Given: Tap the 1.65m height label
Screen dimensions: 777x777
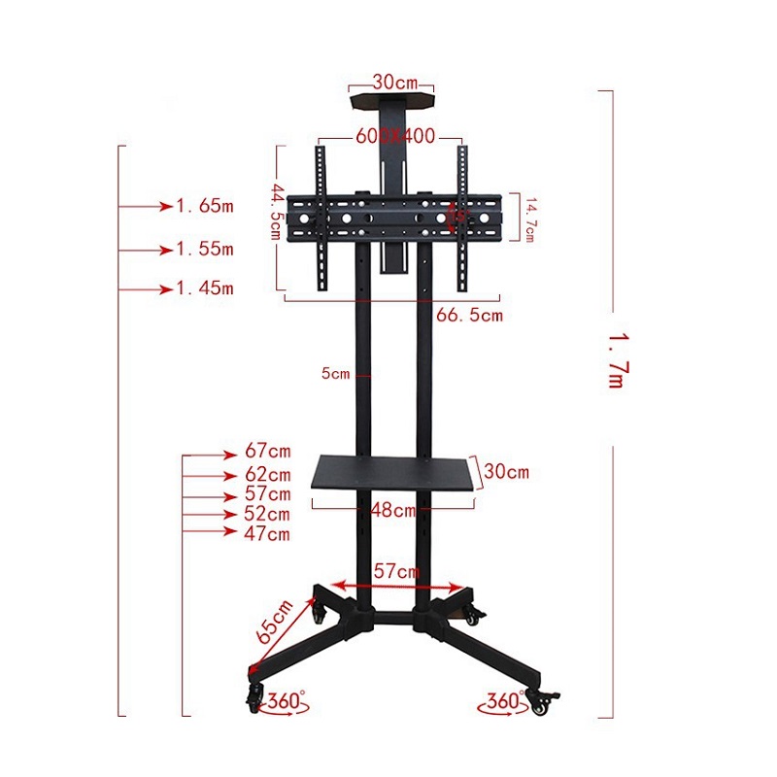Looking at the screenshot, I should [x=205, y=206].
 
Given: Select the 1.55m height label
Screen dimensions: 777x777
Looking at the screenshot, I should [x=205, y=249].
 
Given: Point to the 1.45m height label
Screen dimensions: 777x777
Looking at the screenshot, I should [x=205, y=289].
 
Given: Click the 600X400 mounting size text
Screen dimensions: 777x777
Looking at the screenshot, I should [x=394, y=137].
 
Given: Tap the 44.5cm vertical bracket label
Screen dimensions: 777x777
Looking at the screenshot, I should [x=276, y=214].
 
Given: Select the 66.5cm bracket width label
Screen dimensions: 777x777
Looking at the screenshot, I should [x=470, y=315].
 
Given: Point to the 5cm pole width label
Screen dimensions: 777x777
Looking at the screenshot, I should [x=335, y=373].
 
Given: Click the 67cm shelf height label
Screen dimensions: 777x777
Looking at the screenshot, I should [x=268, y=453].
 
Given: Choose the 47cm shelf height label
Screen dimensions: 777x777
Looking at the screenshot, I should [x=268, y=533].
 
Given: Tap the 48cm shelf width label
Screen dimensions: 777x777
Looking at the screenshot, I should [x=392, y=510].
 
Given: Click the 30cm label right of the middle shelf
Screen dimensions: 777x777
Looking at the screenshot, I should [x=506, y=473].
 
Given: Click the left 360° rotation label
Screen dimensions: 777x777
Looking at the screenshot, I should [x=287, y=700].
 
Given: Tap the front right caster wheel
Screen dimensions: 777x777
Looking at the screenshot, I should [x=540, y=703].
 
